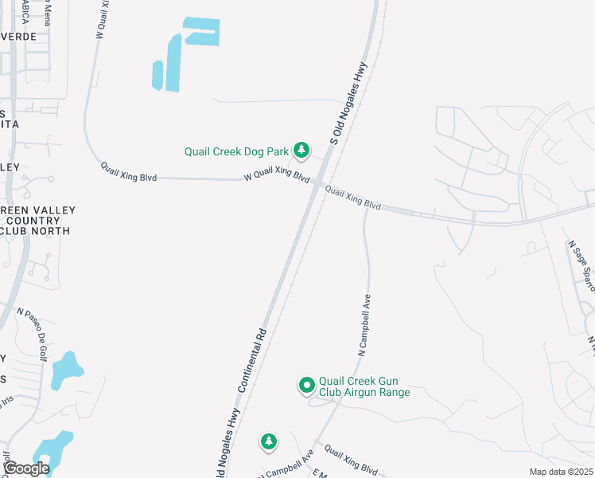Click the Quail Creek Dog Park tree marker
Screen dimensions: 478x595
click(x=301, y=150)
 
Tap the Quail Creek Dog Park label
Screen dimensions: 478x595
click(x=236, y=151)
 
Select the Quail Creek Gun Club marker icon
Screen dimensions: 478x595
click(x=306, y=386)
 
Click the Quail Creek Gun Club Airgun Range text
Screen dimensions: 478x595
click(x=364, y=386)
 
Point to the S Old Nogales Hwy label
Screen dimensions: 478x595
click(x=348, y=104)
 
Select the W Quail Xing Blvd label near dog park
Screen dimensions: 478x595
click(x=276, y=174)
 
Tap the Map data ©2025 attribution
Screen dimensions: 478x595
click(x=560, y=472)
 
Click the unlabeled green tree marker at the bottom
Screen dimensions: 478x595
click(x=269, y=441)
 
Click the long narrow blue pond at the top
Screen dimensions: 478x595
click(x=173, y=65)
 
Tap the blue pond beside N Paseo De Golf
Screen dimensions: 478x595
click(x=67, y=370)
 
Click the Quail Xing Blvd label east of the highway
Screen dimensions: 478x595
click(x=353, y=198)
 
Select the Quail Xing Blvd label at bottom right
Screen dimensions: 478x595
click(x=350, y=460)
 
